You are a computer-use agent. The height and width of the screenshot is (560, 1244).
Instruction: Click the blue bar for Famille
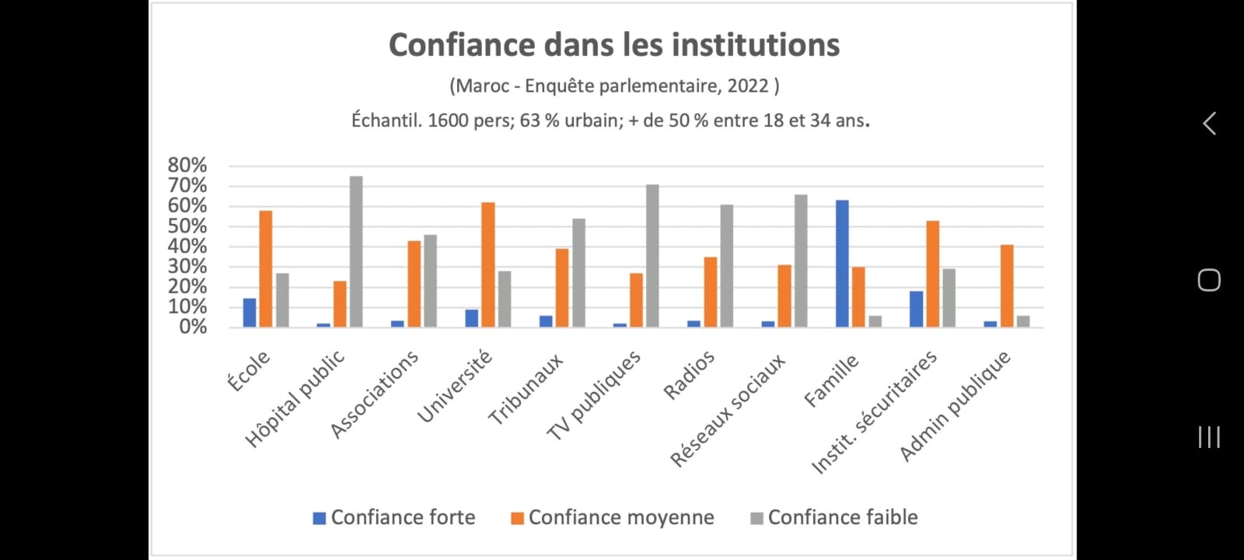pos(842,264)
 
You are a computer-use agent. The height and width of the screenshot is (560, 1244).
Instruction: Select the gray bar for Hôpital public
pos(356,251)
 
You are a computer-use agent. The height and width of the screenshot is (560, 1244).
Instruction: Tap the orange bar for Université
pos(487,264)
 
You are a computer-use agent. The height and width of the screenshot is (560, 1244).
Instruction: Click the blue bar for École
pos(250,313)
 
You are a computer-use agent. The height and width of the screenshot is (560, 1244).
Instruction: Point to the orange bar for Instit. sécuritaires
pos(932,274)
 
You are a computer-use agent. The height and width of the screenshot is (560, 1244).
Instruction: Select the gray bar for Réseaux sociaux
pos(801,261)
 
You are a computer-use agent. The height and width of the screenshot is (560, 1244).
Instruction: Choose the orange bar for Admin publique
pos(1007,285)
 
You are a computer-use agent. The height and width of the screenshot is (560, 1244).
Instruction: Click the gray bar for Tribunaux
pos(578,272)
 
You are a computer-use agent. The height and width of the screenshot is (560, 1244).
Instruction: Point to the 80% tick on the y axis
pos(187,165)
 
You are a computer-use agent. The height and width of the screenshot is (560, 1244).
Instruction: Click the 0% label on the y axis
pos(193,327)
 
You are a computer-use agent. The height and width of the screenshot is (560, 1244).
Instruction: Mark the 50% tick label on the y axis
pos(187,226)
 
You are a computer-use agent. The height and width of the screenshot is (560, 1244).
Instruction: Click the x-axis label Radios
pos(689,375)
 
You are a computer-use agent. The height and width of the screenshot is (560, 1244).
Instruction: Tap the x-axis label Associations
pos(375,394)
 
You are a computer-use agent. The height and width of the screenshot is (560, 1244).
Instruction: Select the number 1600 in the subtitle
pos(448,121)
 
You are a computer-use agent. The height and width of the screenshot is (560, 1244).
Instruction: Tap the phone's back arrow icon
pos(1209,124)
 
